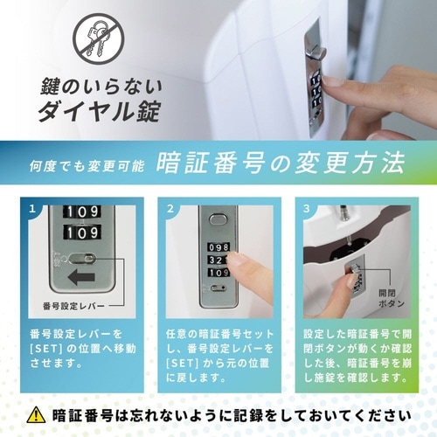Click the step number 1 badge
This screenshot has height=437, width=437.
click(x=33, y=210)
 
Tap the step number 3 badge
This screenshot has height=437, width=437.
click(x=306, y=210)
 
